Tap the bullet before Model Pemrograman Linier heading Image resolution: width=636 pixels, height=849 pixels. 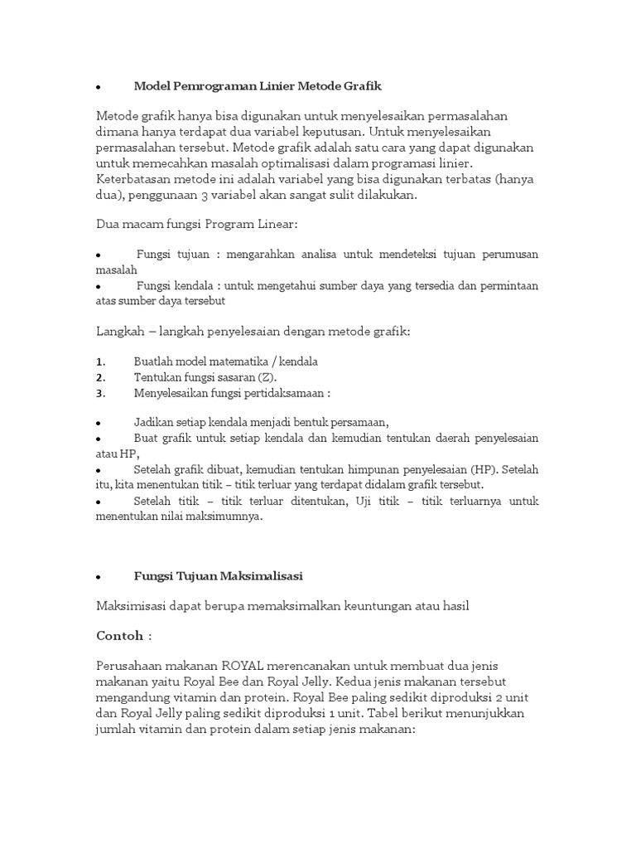point(99,87)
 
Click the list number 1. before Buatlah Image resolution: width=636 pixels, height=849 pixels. point(100,362)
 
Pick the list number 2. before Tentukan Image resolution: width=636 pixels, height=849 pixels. point(100,377)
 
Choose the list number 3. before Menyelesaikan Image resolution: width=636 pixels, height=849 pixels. point(100,393)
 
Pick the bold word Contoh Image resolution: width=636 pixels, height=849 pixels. point(119,635)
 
